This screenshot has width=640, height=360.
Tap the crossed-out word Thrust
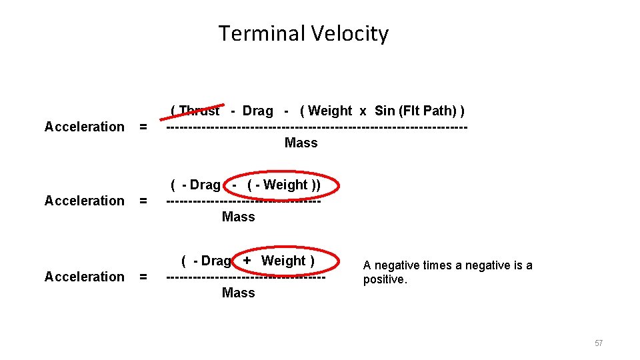point(199,110)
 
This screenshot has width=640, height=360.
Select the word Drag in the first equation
point(257,111)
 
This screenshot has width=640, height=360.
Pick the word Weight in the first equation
point(330,111)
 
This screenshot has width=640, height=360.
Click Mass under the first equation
point(301,143)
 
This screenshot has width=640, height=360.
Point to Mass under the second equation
point(238,217)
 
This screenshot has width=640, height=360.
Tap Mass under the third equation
point(238,293)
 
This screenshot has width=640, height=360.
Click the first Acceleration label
point(84,127)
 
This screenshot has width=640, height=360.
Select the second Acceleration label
point(84,201)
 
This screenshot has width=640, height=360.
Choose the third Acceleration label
point(84,277)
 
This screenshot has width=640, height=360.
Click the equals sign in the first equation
point(143,127)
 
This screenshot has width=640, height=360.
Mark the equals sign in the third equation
point(143,277)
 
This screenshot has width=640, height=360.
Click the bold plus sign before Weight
point(247,261)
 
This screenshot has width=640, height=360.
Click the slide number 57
point(598,343)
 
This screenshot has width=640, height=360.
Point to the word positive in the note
point(383,279)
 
